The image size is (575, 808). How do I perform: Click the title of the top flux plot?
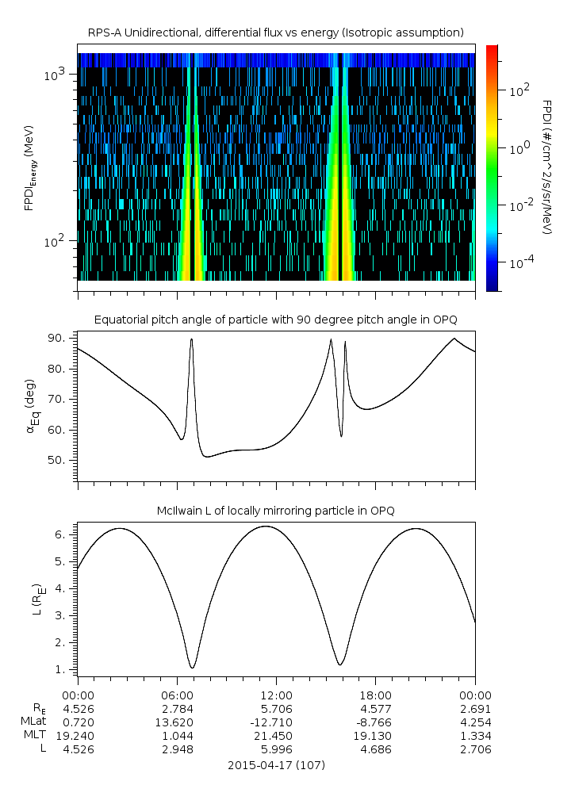276,32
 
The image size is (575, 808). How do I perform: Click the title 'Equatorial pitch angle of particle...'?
276,320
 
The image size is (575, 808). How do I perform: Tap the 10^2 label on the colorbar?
519,91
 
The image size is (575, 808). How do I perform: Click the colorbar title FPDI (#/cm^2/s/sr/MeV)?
546,167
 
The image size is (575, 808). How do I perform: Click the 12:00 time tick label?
276,695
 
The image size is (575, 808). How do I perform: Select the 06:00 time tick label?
177,695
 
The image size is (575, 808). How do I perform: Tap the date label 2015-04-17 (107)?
276,765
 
